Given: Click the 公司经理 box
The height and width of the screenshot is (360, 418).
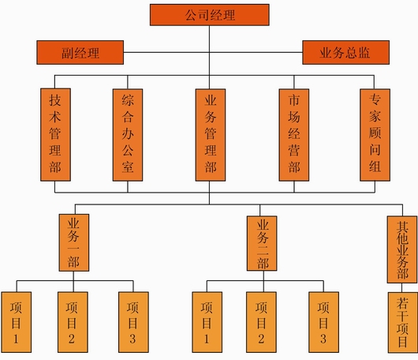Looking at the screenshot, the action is [x=210, y=15].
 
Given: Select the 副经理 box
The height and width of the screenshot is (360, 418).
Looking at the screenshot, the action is [x=80, y=53].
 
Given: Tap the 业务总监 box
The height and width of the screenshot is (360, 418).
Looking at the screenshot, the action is [x=345, y=53].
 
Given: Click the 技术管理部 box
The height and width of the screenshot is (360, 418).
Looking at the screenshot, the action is [x=55, y=135].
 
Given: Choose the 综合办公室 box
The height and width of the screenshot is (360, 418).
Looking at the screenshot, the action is [x=128, y=135].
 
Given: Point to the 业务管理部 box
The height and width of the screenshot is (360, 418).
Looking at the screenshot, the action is [x=211, y=135].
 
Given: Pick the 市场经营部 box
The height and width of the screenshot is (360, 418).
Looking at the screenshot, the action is [x=294, y=135].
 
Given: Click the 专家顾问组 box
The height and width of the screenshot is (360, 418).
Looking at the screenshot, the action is [x=375, y=135].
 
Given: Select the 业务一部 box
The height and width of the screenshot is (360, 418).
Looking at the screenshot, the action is [x=74, y=242].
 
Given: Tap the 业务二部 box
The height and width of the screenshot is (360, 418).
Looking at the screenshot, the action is [x=262, y=243].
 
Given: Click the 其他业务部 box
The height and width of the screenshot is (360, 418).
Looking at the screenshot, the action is [x=402, y=249].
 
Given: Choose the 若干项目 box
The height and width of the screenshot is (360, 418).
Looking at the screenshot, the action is [x=403, y=323].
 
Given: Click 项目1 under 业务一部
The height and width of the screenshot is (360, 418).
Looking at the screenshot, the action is [x=17, y=322].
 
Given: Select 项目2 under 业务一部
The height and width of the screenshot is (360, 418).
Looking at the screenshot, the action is [x=73, y=322].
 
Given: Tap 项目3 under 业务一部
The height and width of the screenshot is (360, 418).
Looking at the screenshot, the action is [x=133, y=322].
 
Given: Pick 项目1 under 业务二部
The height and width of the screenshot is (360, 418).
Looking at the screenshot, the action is [x=207, y=322].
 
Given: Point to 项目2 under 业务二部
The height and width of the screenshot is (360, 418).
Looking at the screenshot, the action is [x=261, y=322].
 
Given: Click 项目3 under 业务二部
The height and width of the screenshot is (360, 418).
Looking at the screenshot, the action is [x=324, y=322].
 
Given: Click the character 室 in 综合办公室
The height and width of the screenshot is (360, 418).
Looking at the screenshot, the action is [x=128, y=167].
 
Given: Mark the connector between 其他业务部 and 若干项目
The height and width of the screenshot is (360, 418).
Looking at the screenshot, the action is [x=402, y=287].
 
